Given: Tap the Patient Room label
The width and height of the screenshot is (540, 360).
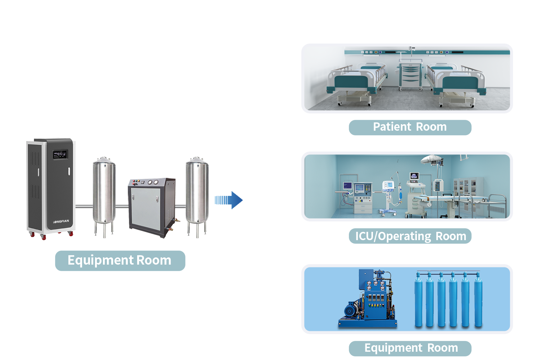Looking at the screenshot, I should pos(410,127).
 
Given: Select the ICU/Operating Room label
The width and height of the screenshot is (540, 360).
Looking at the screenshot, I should pos(410,236).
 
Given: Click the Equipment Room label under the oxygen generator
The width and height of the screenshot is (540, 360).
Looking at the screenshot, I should pos(120,260).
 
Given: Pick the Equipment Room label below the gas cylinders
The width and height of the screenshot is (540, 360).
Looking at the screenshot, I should pos(410,348).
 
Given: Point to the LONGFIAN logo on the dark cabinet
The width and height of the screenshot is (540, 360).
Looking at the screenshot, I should pos(61,221).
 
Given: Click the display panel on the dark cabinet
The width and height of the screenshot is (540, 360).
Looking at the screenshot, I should pos(59,154).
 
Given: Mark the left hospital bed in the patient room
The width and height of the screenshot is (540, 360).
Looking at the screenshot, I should pos(355,83).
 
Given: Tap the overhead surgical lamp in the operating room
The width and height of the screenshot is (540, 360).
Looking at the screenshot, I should pos(432,159).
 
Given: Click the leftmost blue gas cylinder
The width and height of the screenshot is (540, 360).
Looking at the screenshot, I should pos(418,301).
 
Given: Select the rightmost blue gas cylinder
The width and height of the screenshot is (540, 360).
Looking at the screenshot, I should pos(478,301).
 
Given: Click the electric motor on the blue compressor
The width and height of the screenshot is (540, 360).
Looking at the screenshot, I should pos(350,310).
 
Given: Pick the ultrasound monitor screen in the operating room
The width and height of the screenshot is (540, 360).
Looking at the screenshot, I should pos(414,176).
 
